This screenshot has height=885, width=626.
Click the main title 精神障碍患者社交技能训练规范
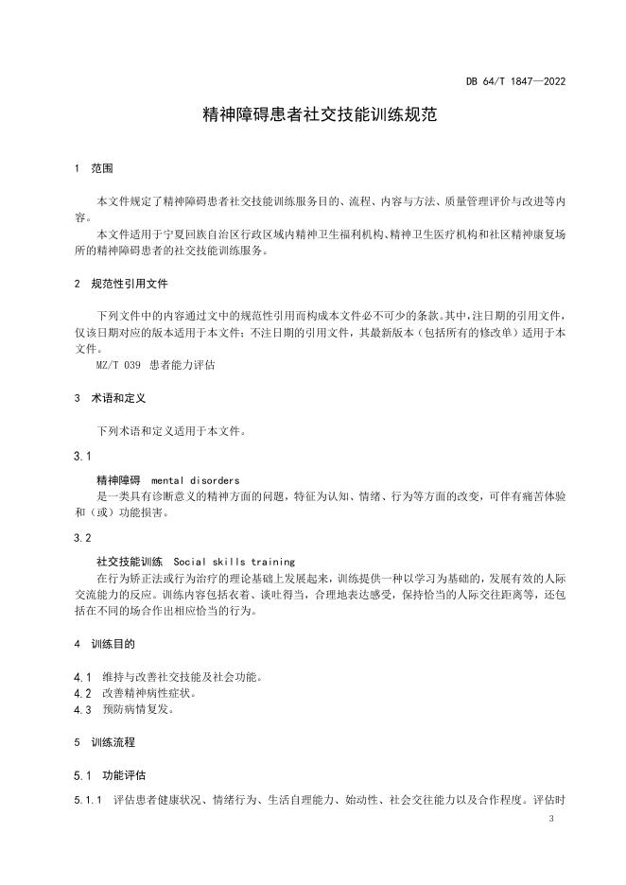[x=312, y=115]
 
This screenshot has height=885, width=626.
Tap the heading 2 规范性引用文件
[x=121, y=283]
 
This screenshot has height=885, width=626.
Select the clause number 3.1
[x=82, y=456]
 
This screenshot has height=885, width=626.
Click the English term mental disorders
[x=195, y=479]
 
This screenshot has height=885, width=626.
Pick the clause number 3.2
[x=82, y=537]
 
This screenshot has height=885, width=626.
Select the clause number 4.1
[x=81, y=677]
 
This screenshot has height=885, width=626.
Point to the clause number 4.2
[x=81, y=693]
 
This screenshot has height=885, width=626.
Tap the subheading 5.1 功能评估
[x=110, y=775]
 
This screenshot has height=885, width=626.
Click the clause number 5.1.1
[x=87, y=800]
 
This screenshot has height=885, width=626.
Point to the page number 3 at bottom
[x=550, y=829]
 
